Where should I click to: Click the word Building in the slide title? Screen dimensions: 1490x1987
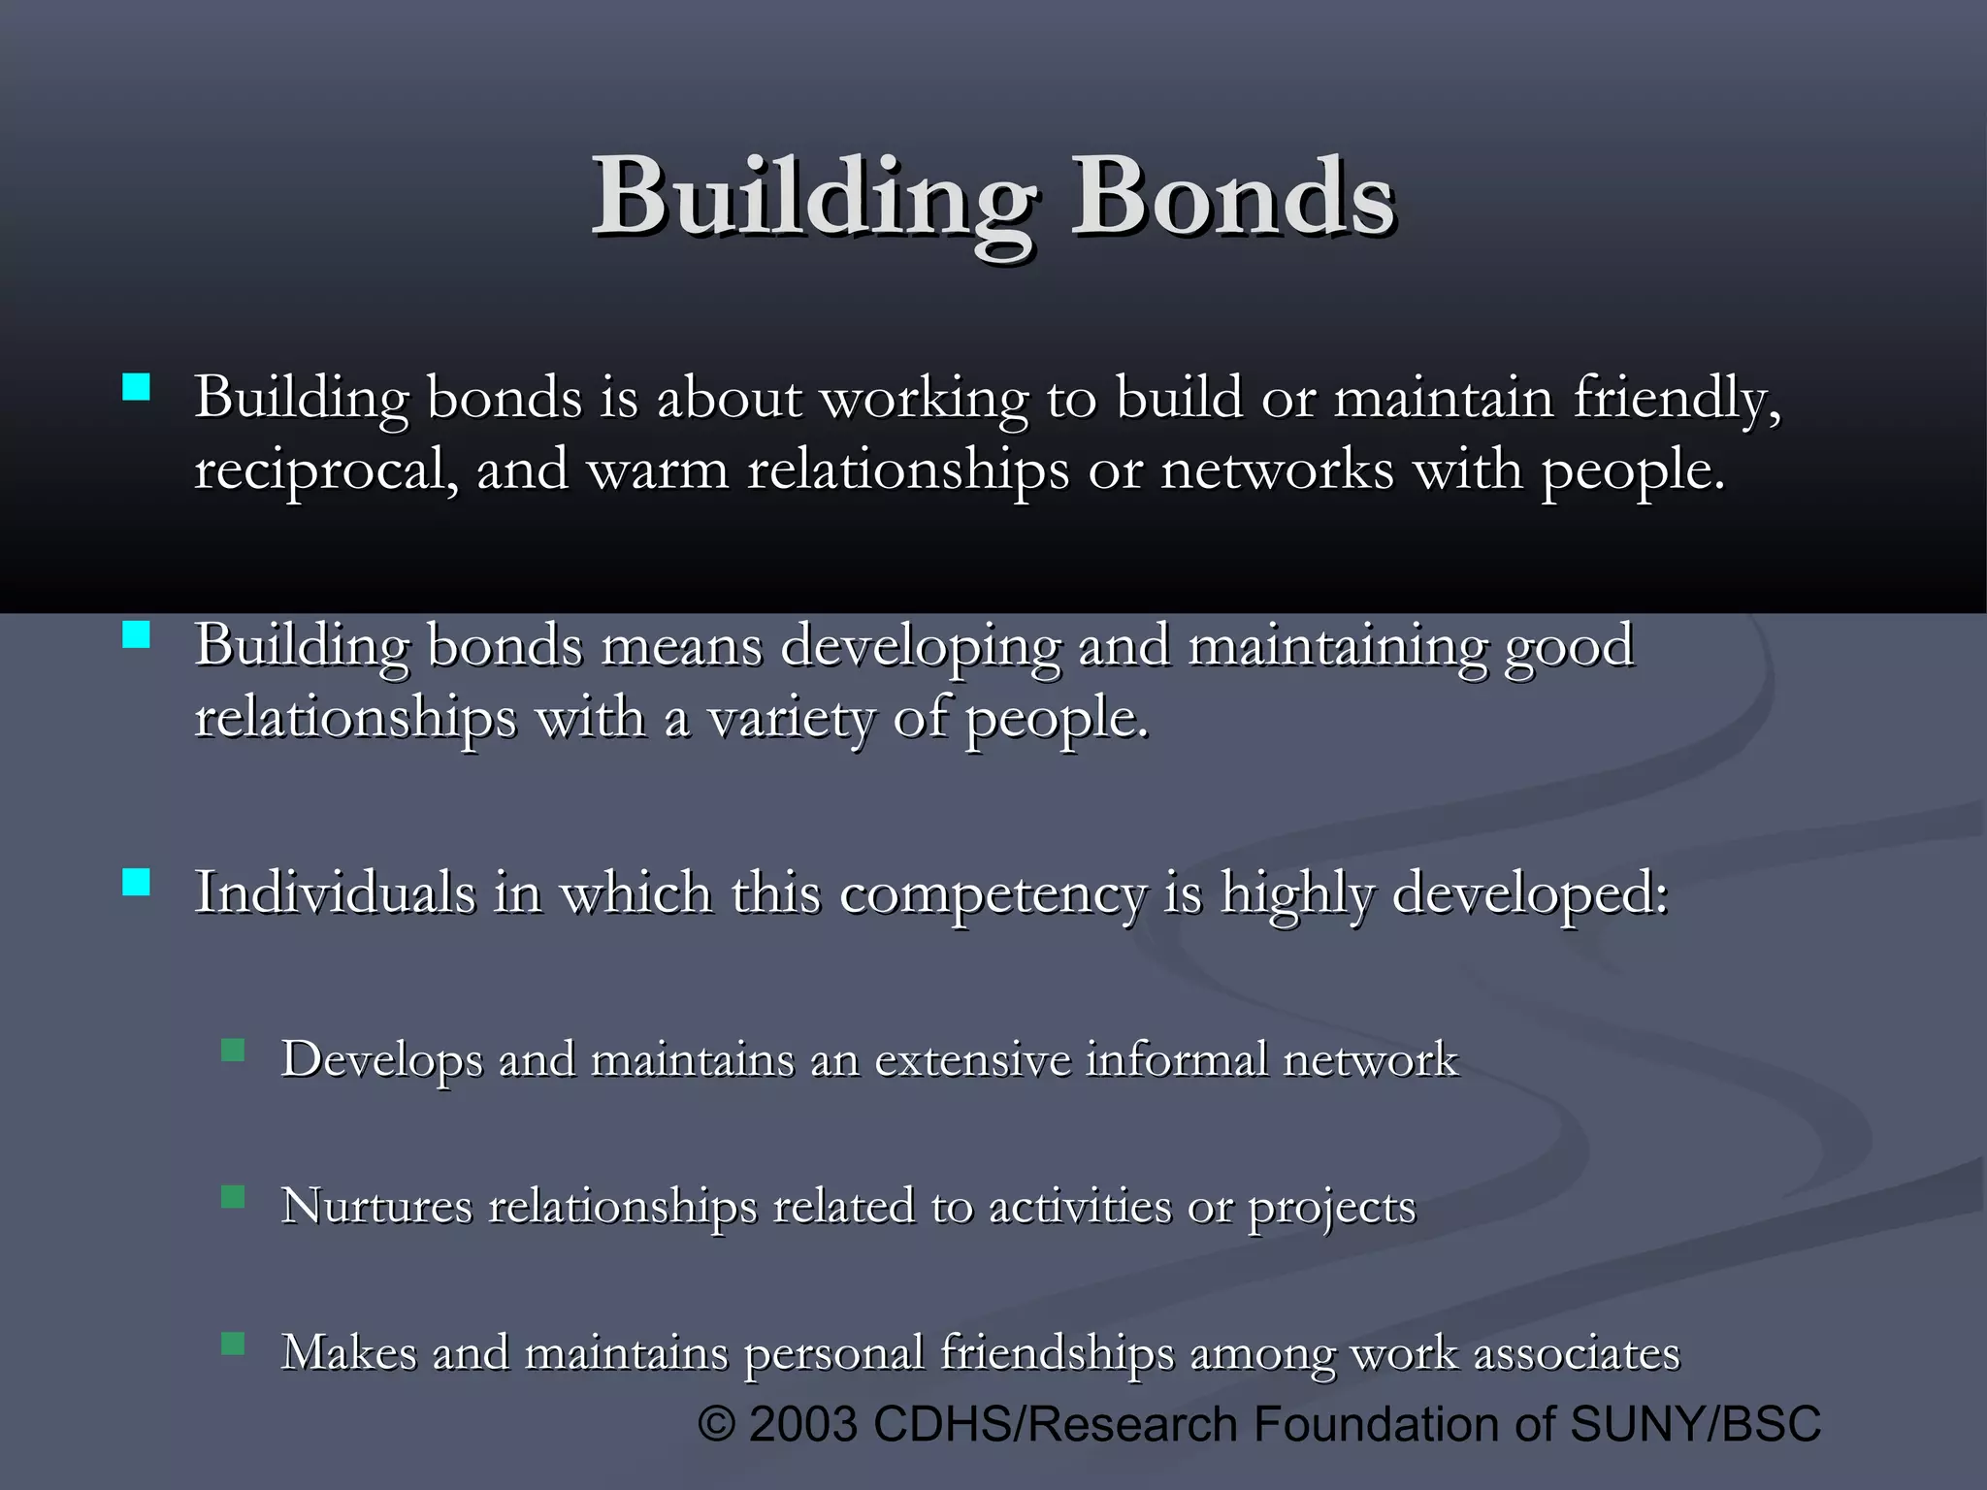813,199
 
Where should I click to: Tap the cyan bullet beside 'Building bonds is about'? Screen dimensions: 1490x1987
137,388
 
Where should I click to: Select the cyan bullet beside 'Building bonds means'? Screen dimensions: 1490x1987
137,635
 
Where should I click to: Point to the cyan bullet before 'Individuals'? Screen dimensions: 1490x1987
137,882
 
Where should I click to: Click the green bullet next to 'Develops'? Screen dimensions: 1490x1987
233,1051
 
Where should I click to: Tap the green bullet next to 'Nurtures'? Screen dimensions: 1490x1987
233,1197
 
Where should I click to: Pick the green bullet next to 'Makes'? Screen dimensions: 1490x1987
233,1344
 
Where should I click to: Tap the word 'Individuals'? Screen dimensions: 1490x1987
335,891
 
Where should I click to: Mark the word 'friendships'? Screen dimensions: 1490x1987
1057,1354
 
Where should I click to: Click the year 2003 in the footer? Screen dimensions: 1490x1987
803,1424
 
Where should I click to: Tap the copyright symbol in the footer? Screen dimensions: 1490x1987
717,1425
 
